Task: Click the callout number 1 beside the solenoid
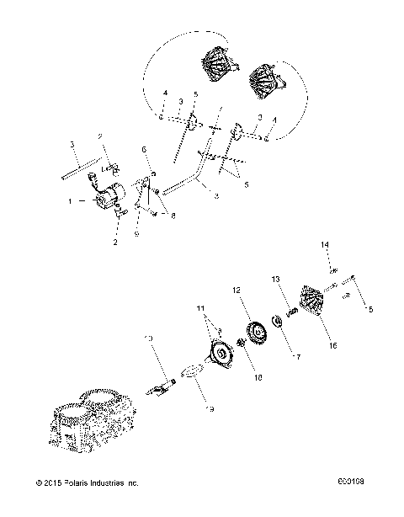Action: (93, 201)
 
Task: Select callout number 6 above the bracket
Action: (143, 148)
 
